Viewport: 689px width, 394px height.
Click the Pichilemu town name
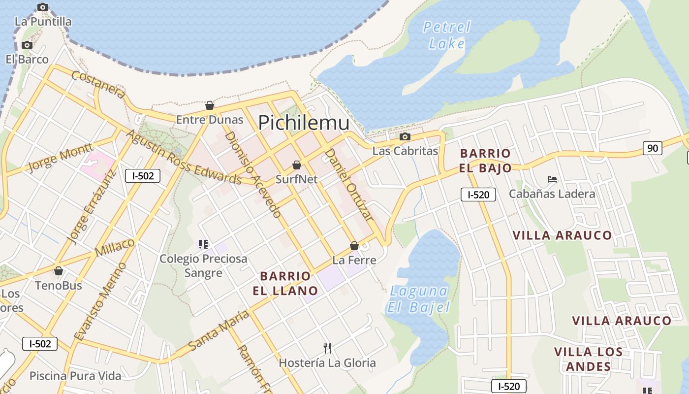tap(304, 123)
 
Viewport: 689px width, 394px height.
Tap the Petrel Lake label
tap(447, 35)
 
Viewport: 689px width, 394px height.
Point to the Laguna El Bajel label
tap(419, 299)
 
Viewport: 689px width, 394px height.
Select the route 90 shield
tap(652, 148)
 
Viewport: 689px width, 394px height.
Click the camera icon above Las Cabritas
tap(405, 136)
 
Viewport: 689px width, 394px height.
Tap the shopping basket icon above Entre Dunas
tap(210, 105)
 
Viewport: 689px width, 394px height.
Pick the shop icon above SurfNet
tap(296, 165)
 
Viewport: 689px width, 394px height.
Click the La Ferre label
tap(354, 260)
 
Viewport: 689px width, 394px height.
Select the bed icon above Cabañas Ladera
tap(552, 179)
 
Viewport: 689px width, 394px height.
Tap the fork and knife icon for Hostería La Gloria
tap(327, 348)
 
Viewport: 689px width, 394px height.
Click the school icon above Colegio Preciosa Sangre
tap(203, 244)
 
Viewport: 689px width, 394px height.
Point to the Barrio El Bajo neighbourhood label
tap(485, 161)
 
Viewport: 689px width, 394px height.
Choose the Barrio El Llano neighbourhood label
tap(285, 283)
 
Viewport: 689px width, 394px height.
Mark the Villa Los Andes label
tap(588, 359)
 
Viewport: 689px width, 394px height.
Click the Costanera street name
tap(98, 84)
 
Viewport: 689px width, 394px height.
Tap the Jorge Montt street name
tap(60, 158)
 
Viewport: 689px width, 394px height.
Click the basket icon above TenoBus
tap(59, 271)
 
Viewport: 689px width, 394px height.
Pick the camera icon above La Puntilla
tap(43, 7)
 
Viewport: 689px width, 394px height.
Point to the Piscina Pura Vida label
tap(75, 376)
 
